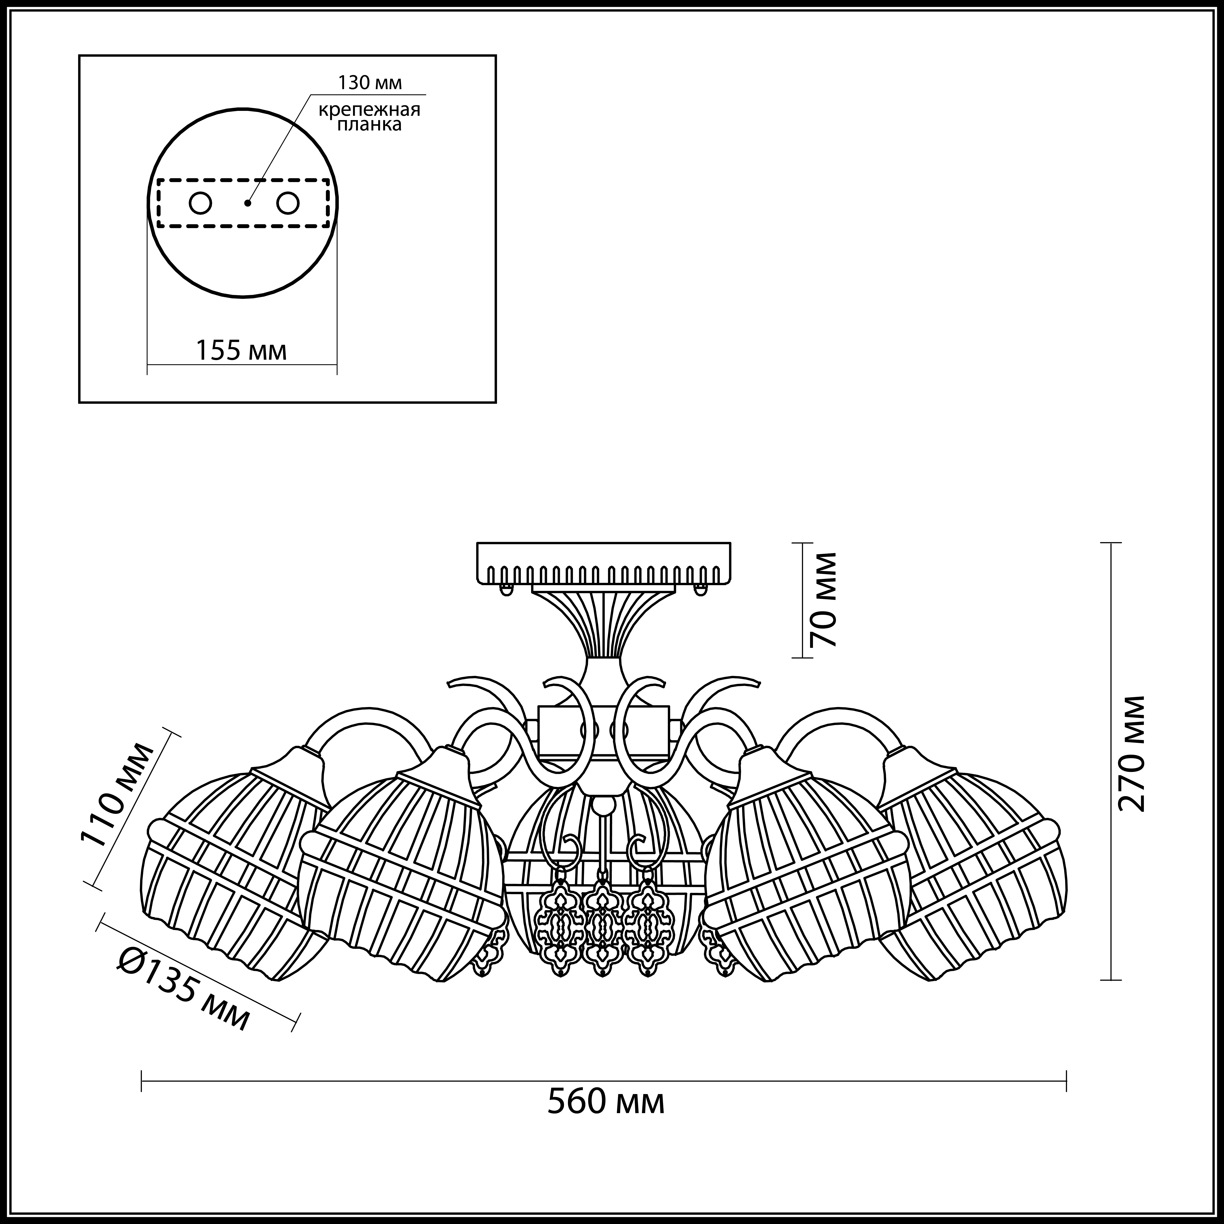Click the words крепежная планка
[x=369, y=117]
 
